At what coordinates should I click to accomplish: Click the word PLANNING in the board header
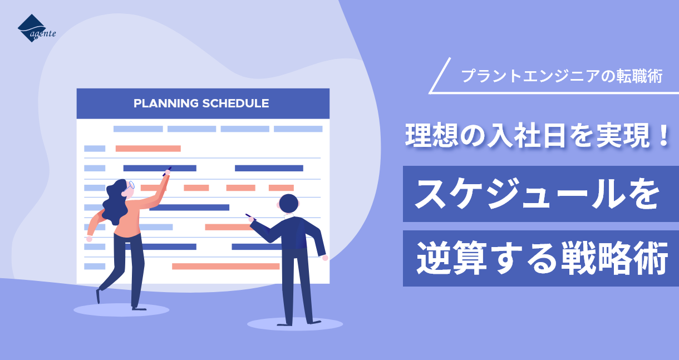point(166,103)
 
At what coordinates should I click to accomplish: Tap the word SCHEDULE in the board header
point(235,103)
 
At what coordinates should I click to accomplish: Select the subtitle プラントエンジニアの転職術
point(562,76)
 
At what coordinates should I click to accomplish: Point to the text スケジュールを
point(537,194)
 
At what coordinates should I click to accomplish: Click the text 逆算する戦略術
point(542,258)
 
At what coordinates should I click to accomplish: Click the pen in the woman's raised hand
point(167,171)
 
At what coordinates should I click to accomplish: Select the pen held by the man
point(250,217)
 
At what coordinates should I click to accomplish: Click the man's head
point(288,204)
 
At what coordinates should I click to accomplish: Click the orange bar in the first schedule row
point(148,149)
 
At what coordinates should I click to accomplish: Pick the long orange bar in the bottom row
point(225,266)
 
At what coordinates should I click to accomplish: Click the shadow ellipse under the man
point(295,324)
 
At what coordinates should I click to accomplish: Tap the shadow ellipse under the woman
point(121,310)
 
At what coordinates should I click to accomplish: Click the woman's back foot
point(98,296)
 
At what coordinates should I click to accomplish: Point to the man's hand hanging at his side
point(325,258)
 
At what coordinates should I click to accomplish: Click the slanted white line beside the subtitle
point(440,75)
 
